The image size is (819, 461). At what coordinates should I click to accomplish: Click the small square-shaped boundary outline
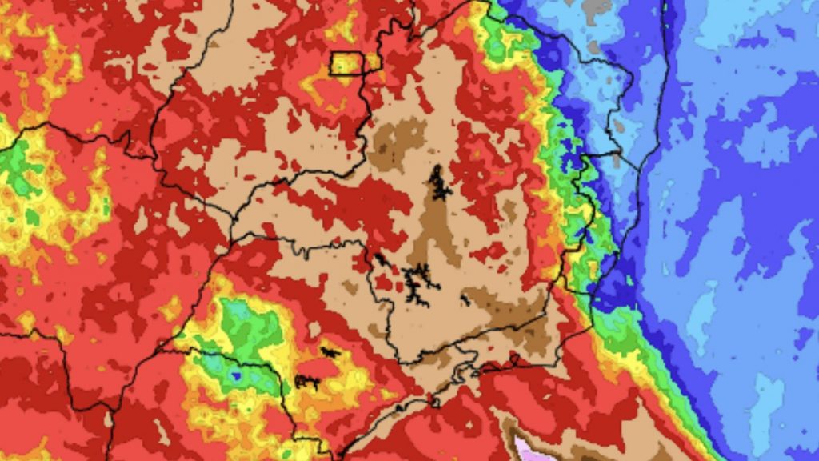click(346, 63)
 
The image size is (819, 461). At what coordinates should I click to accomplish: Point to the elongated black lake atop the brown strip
click(438, 183)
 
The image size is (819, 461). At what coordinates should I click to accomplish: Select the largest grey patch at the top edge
click(595, 9)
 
